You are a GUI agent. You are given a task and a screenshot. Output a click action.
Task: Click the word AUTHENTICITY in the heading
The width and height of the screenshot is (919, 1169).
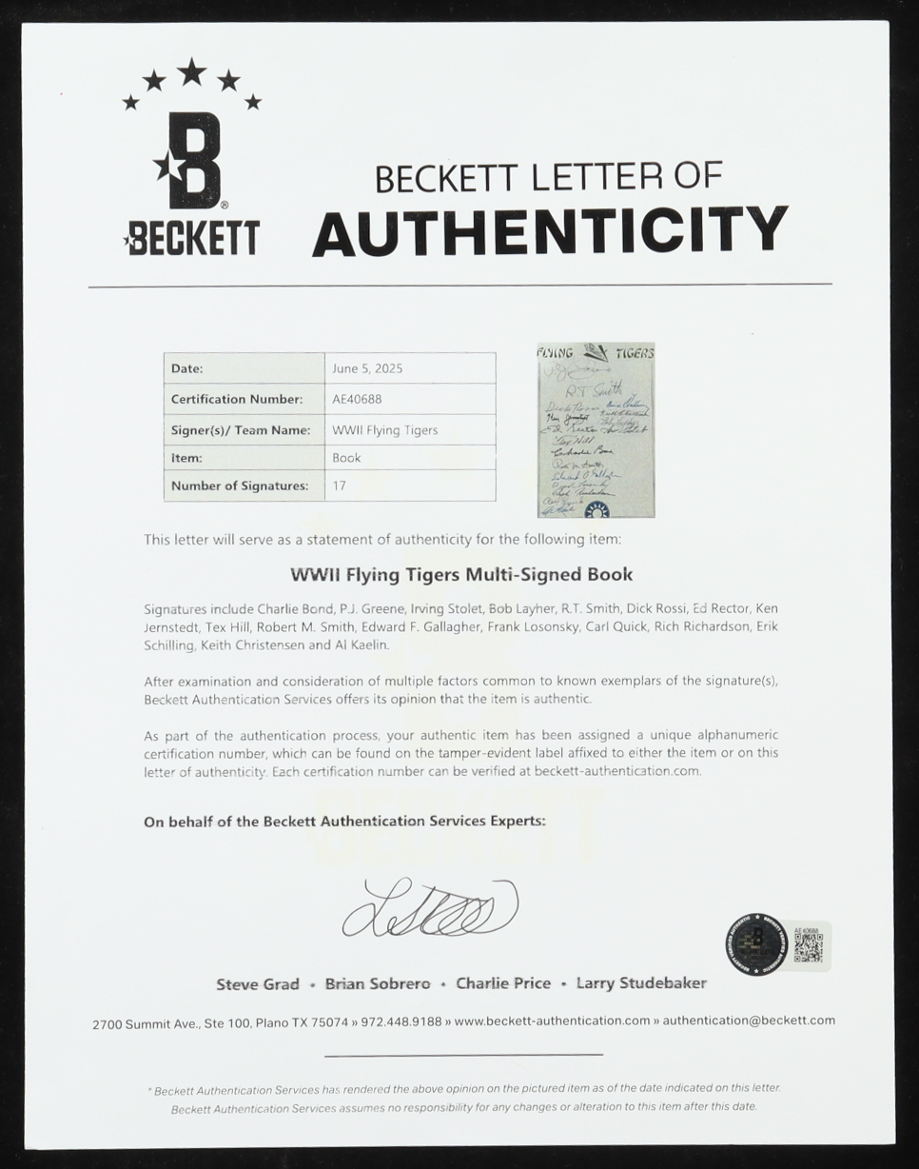tap(550, 231)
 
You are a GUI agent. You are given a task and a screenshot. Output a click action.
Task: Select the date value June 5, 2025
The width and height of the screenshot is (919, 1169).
tap(367, 368)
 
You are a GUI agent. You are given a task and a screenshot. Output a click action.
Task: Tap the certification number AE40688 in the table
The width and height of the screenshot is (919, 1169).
tap(357, 400)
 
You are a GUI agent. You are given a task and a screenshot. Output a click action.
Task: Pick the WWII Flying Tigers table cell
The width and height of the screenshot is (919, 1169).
tap(384, 430)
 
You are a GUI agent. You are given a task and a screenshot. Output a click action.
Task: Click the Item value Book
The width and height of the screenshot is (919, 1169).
tap(346, 458)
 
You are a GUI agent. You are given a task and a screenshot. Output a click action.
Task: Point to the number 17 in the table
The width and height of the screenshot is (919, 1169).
tap(339, 485)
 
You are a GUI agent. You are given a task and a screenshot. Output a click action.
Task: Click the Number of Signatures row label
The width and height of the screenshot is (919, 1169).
tap(240, 485)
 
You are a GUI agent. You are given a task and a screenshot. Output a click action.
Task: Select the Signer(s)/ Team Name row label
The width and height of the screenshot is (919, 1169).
tap(240, 430)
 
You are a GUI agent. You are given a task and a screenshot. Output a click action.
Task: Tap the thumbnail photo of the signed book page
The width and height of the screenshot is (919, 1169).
tap(596, 430)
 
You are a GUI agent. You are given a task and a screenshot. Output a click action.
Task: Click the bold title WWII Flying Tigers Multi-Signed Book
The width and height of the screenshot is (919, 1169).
tap(460, 575)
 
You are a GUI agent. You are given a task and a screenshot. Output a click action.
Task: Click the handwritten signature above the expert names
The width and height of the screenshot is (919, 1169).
tap(430, 907)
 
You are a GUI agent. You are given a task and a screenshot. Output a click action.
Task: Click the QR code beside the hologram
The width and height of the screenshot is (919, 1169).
tap(808, 946)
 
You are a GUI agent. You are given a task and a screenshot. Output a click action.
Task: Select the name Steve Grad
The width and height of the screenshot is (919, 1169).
tap(258, 984)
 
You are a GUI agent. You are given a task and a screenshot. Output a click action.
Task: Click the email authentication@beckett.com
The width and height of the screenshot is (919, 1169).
tap(749, 1020)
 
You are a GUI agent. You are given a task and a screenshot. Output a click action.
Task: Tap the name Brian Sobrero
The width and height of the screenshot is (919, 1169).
tap(378, 984)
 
